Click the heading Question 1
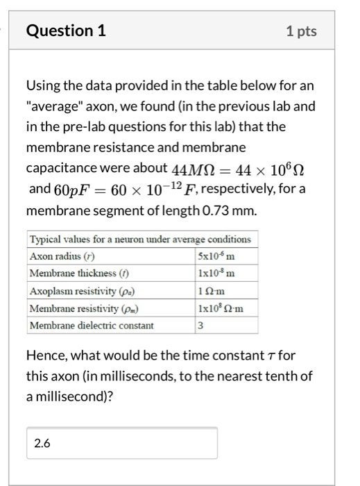(65, 31)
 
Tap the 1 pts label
(300, 31)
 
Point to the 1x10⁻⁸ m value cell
(216, 272)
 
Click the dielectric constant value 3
(200, 325)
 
